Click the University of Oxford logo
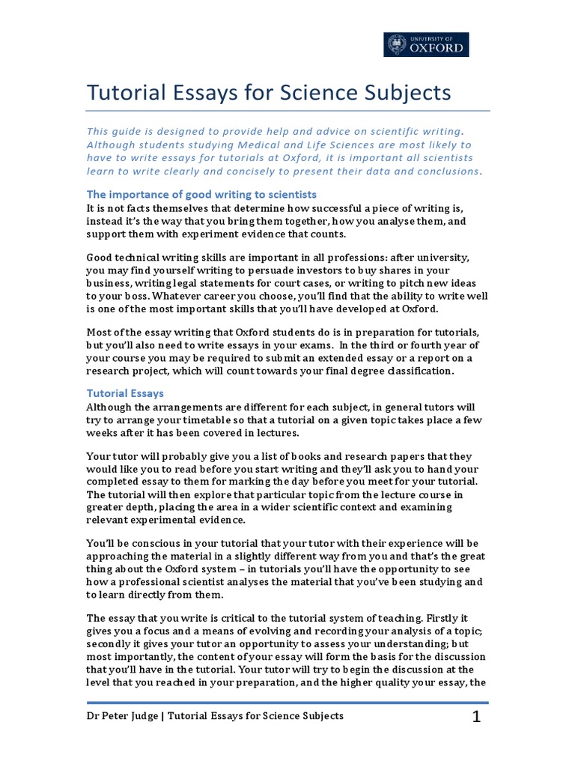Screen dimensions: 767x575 coord(428,44)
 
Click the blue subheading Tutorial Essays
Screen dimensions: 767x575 coord(125,392)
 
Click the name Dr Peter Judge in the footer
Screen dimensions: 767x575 coord(121,716)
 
